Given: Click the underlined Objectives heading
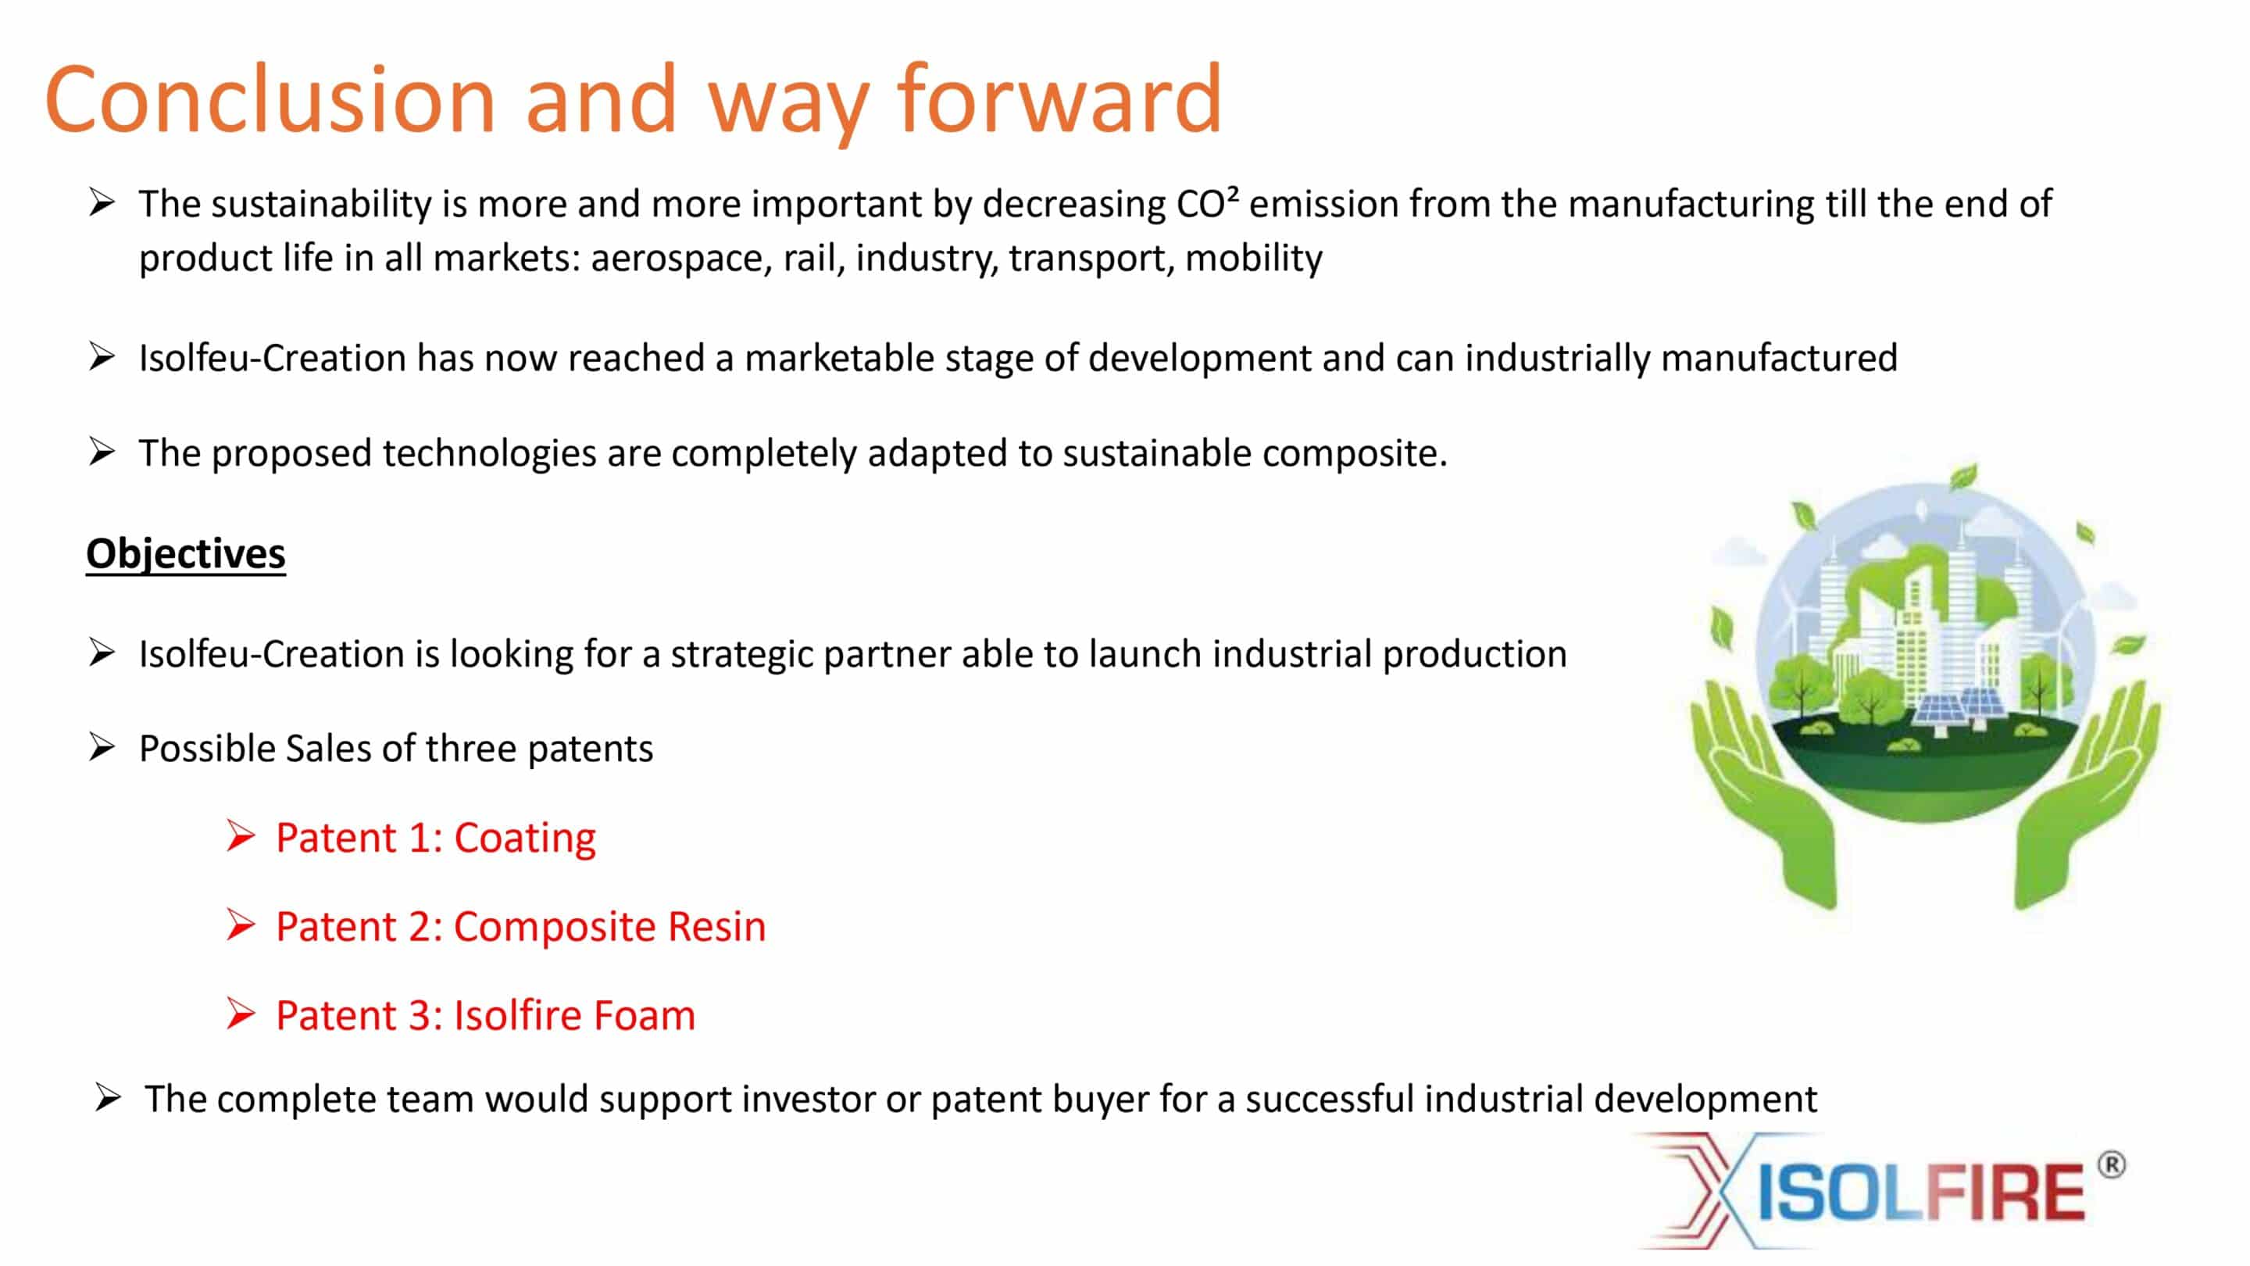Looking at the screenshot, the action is [x=186, y=554].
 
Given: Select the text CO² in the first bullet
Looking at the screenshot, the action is [x=1208, y=203].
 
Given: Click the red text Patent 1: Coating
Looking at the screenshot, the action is [x=436, y=838].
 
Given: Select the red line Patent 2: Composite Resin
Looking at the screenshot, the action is [x=520, y=926].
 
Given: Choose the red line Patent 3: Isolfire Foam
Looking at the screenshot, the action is [x=486, y=1015].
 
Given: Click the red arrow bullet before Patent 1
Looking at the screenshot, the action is [x=240, y=836].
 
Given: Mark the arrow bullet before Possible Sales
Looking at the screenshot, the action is [x=102, y=747].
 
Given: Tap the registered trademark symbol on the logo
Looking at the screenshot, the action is [x=2111, y=1165].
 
